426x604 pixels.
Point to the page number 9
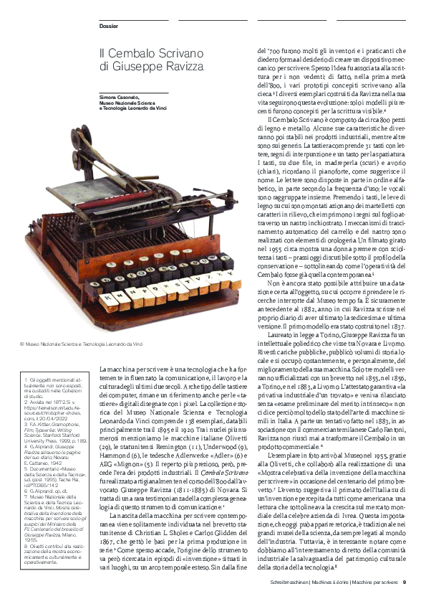[405, 582]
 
